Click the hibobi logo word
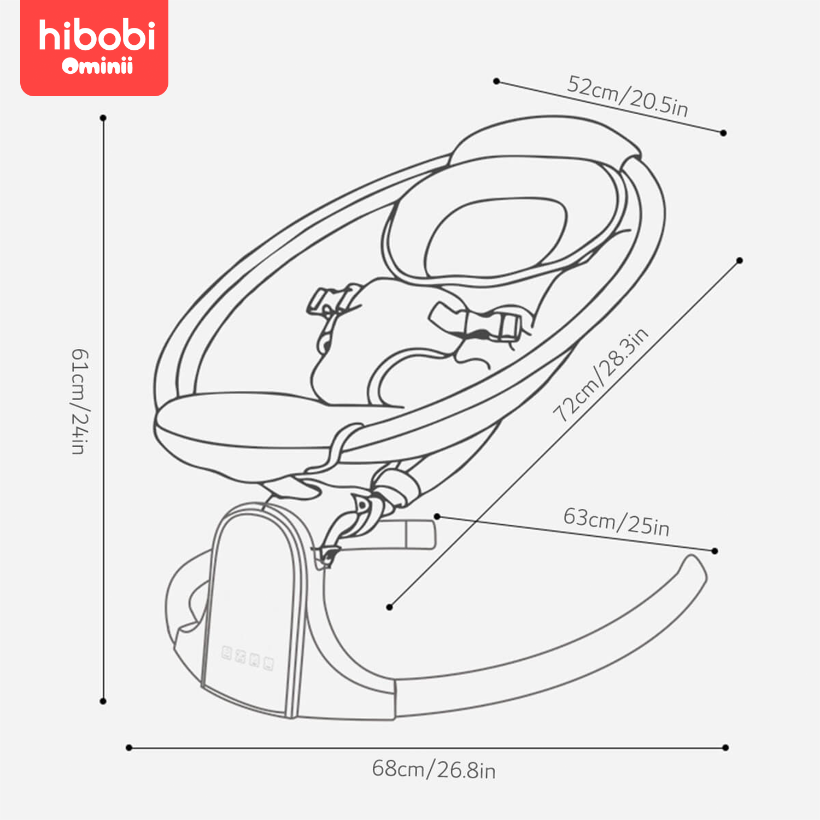point(97,36)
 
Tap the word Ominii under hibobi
point(97,66)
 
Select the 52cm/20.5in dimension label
point(627,96)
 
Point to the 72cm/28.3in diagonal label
point(600,375)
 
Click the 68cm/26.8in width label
point(434,769)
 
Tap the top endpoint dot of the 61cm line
point(103,118)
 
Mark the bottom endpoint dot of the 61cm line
point(103,701)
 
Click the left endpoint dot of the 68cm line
point(129,747)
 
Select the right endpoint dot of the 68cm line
point(725,747)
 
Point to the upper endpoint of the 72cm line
point(740,261)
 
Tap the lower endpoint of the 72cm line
point(389,607)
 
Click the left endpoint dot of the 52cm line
point(496,81)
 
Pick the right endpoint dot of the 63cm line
point(715,551)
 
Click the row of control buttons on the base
point(248,657)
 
